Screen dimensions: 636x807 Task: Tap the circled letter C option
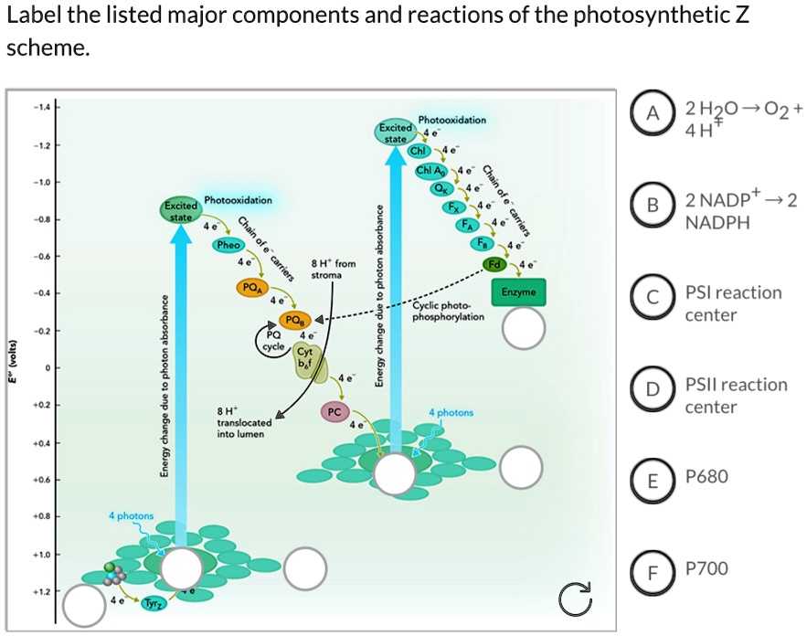(x=652, y=297)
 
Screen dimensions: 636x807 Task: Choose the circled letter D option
(x=652, y=390)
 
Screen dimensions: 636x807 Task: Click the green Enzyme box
(x=518, y=291)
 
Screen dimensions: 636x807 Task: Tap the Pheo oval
(x=228, y=245)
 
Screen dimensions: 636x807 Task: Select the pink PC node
(x=334, y=412)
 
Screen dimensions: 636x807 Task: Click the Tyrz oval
(x=153, y=604)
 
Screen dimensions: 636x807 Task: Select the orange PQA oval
(x=250, y=287)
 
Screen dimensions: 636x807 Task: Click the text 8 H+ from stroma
(x=326, y=269)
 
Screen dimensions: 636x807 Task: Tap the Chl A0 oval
(x=430, y=171)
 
